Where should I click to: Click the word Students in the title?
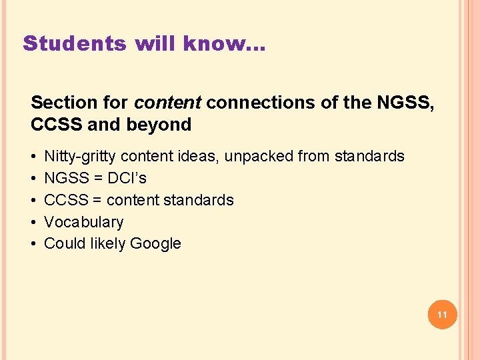(x=74, y=44)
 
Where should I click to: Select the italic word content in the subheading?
(x=168, y=103)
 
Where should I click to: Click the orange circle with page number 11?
(x=441, y=313)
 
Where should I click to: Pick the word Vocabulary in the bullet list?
(x=83, y=222)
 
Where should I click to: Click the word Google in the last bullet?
(x=155, y=244)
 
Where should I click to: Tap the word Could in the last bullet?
(x=63, y=244)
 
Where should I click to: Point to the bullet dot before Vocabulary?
(x=33, y=222)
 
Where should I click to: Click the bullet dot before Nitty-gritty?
(x=33, y=157)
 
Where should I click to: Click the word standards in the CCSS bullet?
(x=203, y=200)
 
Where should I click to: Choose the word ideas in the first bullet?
(x=203, y=157)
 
